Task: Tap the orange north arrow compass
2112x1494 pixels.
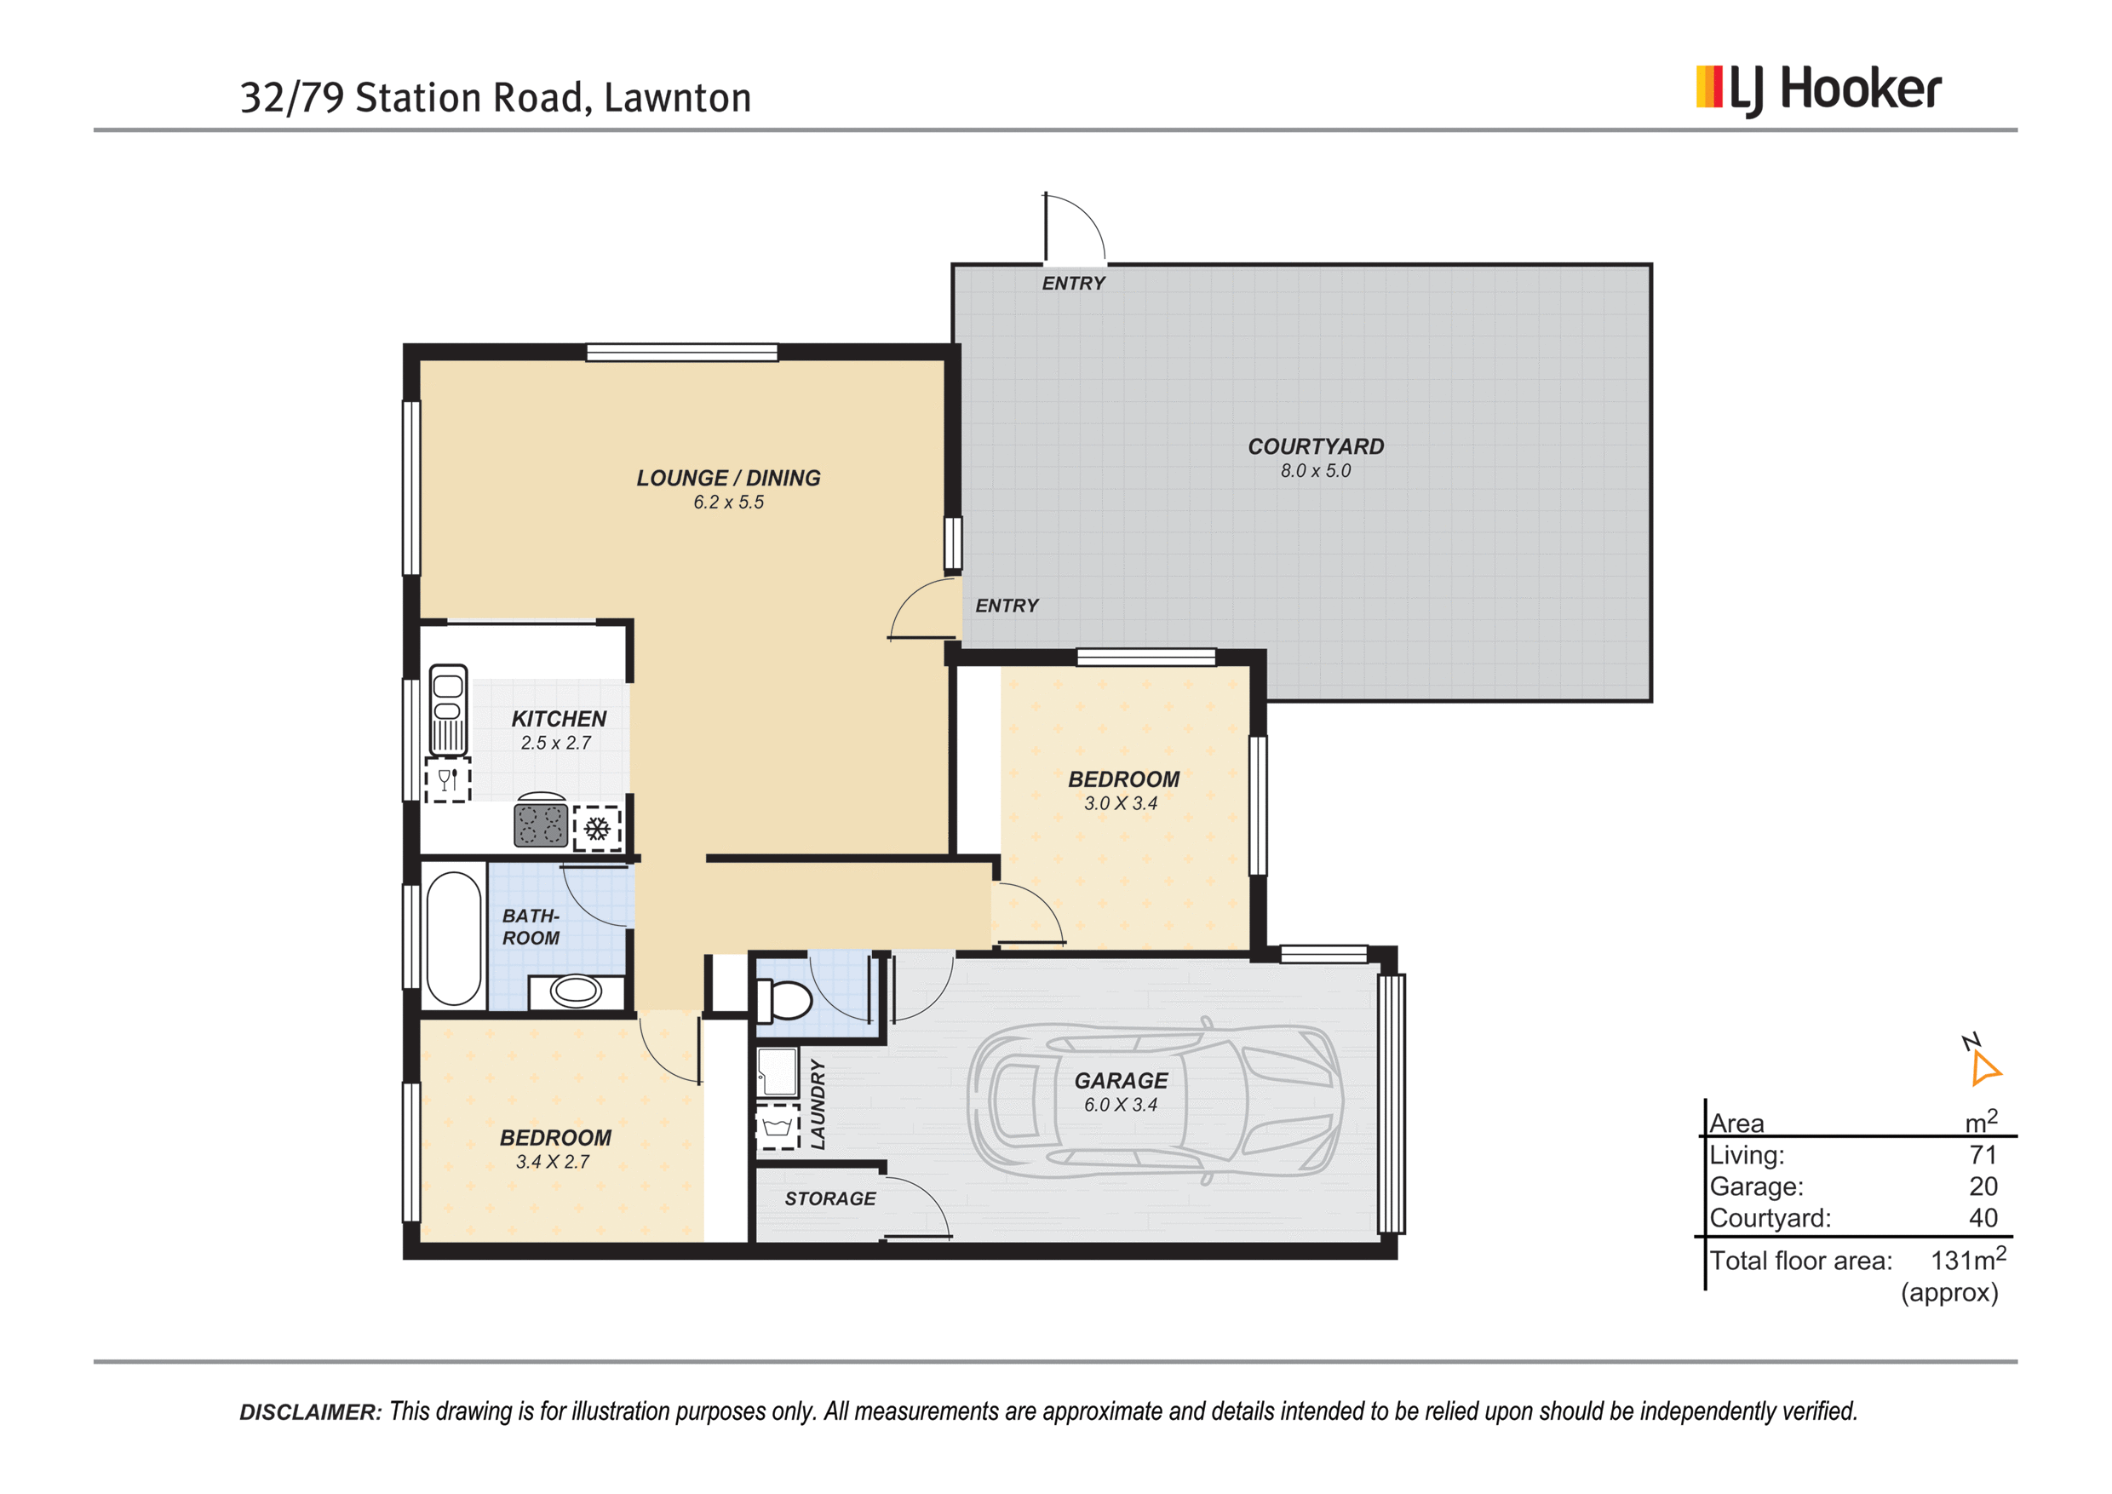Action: [x=1984, y=1068]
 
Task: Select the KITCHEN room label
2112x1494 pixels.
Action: [x=559, y=719]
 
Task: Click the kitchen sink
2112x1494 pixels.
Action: [x=448, y=710]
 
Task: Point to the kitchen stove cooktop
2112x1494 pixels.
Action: [x=540, y=824]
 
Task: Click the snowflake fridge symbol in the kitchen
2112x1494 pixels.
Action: [x=598, y=829]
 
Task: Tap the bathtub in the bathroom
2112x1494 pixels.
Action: [x=454, y=938]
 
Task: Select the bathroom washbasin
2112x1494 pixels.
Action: [x=576, y=991]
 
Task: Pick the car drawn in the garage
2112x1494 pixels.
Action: [x=1155, y=1100]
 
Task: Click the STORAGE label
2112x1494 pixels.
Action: [x=829, y=1198]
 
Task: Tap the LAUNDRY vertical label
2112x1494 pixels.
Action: [x=818, y=1104]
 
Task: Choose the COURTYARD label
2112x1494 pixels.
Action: [x=1316, y=446]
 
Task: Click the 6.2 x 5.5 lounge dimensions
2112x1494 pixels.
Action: [x=728, y=503]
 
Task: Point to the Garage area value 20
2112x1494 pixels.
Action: [x=1983, y=1186]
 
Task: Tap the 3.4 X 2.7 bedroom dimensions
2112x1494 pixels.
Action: [x=553, y=1162]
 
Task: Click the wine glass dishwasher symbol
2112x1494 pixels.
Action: [x=448, y=780]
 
